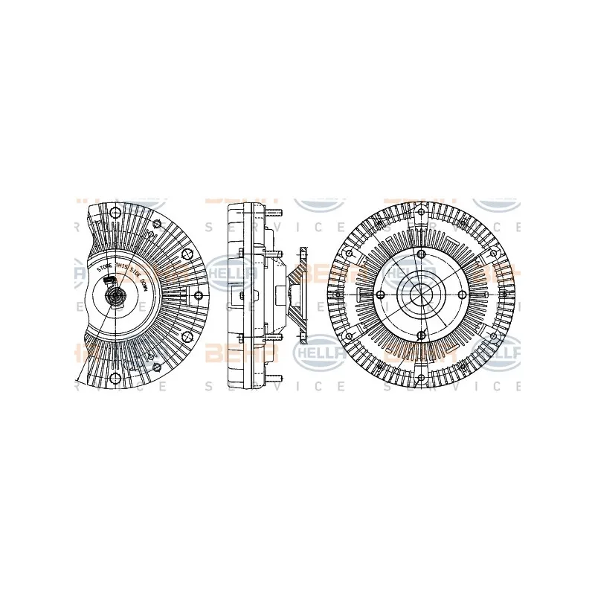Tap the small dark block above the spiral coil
pyautogui.click(x=110, y=280)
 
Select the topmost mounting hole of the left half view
pyautogui.click(x=115, y=213)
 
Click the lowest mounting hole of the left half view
pyautogui.click(x=115, y=380)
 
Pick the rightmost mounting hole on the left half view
pyautogui.click(x=199, y=296)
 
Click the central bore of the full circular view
pyautogui.click(x=420, y=295)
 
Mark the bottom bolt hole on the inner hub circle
pyautogui.click(x=420, y=338)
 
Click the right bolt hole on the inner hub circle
pyautogui.click(x=463, y=295)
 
